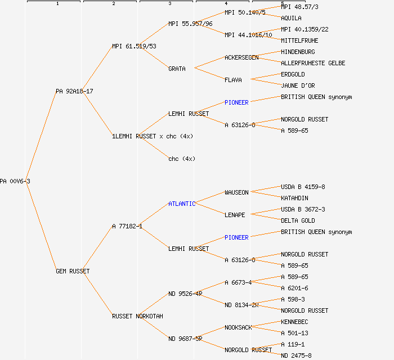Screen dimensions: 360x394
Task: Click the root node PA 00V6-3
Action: (15, 181)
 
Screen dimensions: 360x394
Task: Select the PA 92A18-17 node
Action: (74, 91)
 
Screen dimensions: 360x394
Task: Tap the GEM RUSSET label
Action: (73, 271)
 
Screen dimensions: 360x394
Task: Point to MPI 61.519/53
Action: (134, 46)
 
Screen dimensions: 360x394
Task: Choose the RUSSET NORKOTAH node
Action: (137, 316)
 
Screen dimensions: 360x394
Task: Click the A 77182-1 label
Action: (127, 226)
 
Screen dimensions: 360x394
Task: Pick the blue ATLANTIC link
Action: (182, 204)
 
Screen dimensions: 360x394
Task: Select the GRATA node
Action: (177, 69)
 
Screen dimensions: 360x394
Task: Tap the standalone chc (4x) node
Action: (182, 159)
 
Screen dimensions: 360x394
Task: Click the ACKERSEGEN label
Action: (241, 57)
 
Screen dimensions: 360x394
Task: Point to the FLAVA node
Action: (233, 80)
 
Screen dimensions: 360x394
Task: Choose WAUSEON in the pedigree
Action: (236, 192)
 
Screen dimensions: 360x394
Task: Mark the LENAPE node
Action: (235, 215)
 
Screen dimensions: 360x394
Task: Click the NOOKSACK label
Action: (238, 327)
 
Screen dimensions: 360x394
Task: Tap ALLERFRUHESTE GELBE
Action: (313, 63)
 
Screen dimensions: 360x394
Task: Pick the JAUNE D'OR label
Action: (298, 85)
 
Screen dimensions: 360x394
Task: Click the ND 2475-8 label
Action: (296, 355)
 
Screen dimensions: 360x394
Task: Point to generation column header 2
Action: (113, 4)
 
